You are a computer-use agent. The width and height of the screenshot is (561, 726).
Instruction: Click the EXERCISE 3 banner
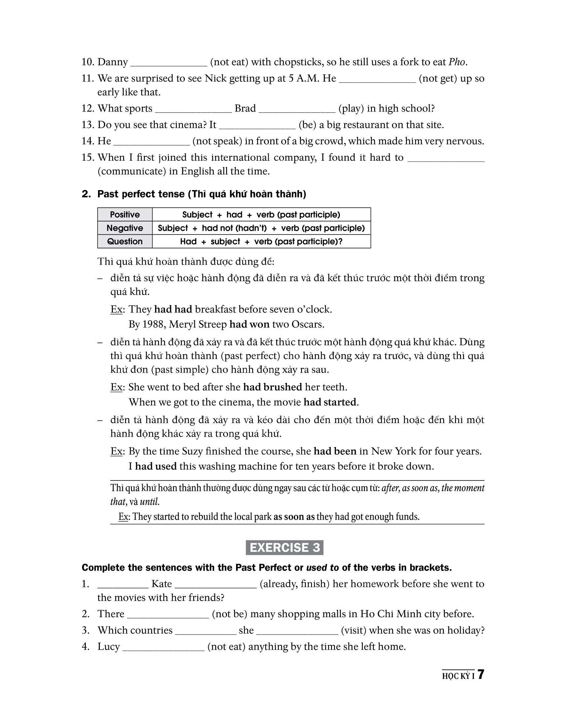point(284,547)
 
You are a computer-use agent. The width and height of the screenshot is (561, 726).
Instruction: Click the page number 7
point(480,675)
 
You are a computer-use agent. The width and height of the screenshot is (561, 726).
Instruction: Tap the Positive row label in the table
point(125,214)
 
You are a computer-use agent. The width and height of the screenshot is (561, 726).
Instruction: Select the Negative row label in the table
point(125,228)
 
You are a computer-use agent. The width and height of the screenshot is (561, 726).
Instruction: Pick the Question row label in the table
point(125,241)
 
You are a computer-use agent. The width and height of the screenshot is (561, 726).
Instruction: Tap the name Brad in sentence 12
point(245,108)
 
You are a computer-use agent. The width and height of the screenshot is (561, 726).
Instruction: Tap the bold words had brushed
point(273,387)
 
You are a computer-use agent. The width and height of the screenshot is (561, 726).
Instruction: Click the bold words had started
point(330,402)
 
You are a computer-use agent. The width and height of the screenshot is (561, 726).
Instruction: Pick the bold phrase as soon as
point(294,516)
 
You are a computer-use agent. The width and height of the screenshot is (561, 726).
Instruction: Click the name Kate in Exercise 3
point(161,584)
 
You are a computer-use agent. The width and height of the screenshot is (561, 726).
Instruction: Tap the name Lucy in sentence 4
point(108,646)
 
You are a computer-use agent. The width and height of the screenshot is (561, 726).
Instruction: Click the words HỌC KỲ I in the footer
point(458,676)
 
